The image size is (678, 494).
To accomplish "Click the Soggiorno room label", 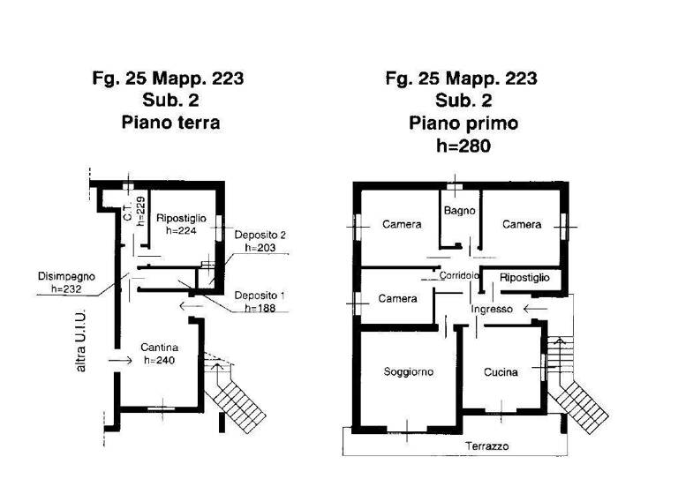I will [x=408, y=372].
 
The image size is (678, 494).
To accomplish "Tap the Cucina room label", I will [x=501, y=372].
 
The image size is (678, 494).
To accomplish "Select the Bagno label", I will [x=460, y=211].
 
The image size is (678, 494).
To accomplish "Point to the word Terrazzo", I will [x=487, y=446].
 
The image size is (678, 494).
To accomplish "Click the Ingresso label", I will [x=492, y=309].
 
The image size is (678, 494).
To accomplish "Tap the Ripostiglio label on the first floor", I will [x=524, y=278].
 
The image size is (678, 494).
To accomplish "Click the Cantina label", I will [x=159, y=348].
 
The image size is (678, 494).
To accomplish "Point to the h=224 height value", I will [x=180, y=230].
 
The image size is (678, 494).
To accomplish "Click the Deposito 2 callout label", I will [x=260, y=235].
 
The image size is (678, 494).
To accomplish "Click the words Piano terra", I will [x=169, y=123].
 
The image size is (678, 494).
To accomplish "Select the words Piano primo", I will [x=463, y=123].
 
